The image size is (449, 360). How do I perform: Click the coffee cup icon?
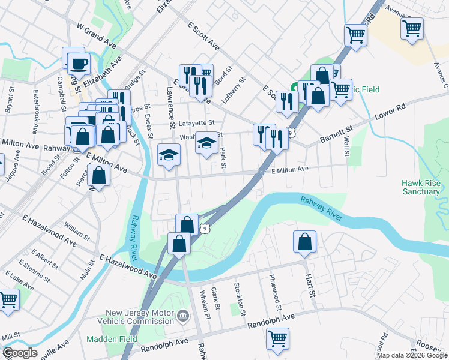click(x=77, y=62)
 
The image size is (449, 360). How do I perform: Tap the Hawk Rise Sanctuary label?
click(x=421, y=187)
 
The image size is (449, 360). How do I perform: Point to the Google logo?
click(x=20, y=353)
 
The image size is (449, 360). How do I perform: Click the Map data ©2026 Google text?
click(x=411, y=355)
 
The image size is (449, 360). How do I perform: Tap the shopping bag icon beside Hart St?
click(x=305, y=242)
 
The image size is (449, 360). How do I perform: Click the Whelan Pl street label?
click(x=205, y=302)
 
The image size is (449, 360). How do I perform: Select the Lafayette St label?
click(x=184, y=123)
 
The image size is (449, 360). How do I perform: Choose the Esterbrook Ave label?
click(x=36, y=104)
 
